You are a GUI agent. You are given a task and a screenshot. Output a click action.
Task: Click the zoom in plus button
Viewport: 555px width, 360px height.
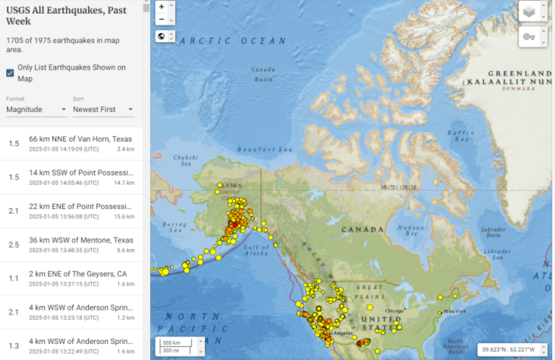[161, 6]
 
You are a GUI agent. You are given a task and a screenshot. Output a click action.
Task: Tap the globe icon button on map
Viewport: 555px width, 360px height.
[161, 36]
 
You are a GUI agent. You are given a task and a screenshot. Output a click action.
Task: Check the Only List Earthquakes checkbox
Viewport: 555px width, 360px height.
[10, 73]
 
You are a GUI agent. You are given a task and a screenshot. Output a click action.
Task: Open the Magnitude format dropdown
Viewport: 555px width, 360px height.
[36, 109]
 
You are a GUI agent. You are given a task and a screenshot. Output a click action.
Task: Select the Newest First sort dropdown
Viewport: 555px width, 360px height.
[102, 109]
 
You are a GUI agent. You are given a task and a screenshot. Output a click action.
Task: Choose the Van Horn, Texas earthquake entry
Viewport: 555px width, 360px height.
[80, 144]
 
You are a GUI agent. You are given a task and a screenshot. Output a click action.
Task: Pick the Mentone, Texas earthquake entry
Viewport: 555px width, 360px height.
[80, 245]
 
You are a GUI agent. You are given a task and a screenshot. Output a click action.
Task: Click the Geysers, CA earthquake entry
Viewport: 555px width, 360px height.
[80, 278]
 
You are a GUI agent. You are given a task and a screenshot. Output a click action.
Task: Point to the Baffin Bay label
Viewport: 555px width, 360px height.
[459, 136]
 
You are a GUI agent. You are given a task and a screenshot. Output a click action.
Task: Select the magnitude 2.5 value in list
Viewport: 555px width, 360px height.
[14, 245]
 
